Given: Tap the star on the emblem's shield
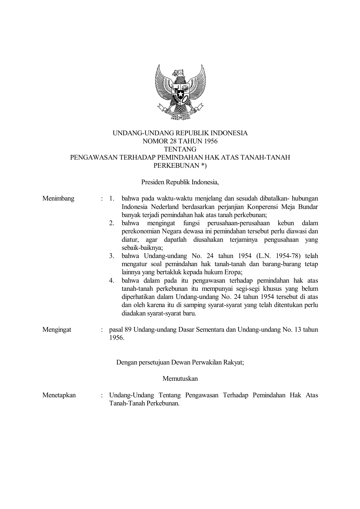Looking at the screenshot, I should [180, 94].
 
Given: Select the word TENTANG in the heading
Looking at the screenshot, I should [180, 149].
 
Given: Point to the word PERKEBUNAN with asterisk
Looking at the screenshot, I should [180, 166].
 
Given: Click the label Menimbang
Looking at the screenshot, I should [58, 198].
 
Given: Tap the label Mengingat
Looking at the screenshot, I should [57, 330].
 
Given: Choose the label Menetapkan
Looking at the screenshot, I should [59, 395].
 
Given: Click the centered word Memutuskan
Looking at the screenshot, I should [180, 378].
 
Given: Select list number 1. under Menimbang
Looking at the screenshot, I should [112, 199].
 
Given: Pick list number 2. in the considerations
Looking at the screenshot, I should [112, 223].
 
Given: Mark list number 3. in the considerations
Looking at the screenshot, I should [112, 256].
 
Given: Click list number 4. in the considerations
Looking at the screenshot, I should [112, 281].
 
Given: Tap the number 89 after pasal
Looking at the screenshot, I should [128, 330].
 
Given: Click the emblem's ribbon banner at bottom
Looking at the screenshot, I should [180, 115].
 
